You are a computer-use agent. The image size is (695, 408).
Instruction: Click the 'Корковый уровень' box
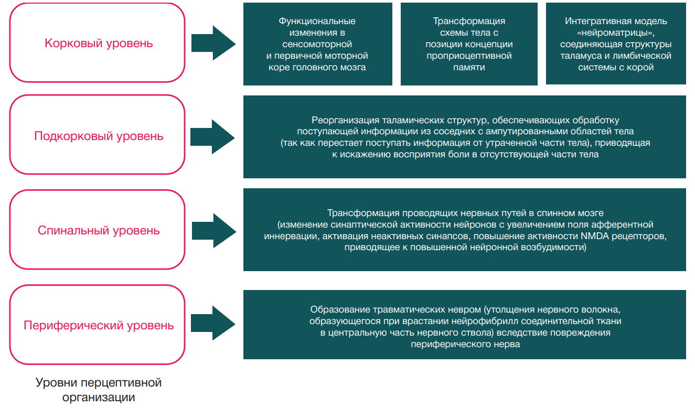(98, 43)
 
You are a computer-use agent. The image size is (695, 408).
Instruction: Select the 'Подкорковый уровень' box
(98, 136)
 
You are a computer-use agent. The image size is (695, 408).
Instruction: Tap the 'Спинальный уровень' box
(98, 231)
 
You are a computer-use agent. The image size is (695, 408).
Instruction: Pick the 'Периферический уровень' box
(98, 325)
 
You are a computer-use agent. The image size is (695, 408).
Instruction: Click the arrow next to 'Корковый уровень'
(213, 43)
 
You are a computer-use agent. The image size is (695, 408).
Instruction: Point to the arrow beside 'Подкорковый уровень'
(213, 136)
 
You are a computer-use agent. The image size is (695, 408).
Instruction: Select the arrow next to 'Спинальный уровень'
(213, 231)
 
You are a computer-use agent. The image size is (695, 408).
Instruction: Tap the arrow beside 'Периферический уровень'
(213, 325)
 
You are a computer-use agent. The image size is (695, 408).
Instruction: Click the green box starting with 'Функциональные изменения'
(317, 44)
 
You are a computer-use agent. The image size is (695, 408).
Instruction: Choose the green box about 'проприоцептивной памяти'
(468, 44)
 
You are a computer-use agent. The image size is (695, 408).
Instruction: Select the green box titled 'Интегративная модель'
(616, 44)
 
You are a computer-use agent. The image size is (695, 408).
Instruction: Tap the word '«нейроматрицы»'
(616, 33)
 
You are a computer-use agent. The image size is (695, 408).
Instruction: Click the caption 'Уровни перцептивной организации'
(99, 390)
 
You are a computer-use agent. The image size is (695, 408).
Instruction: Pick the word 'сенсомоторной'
(317, 44)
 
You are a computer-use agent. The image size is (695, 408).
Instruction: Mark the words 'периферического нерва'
(465, 344)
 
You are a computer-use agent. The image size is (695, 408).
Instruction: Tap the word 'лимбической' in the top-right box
(645, 56)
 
